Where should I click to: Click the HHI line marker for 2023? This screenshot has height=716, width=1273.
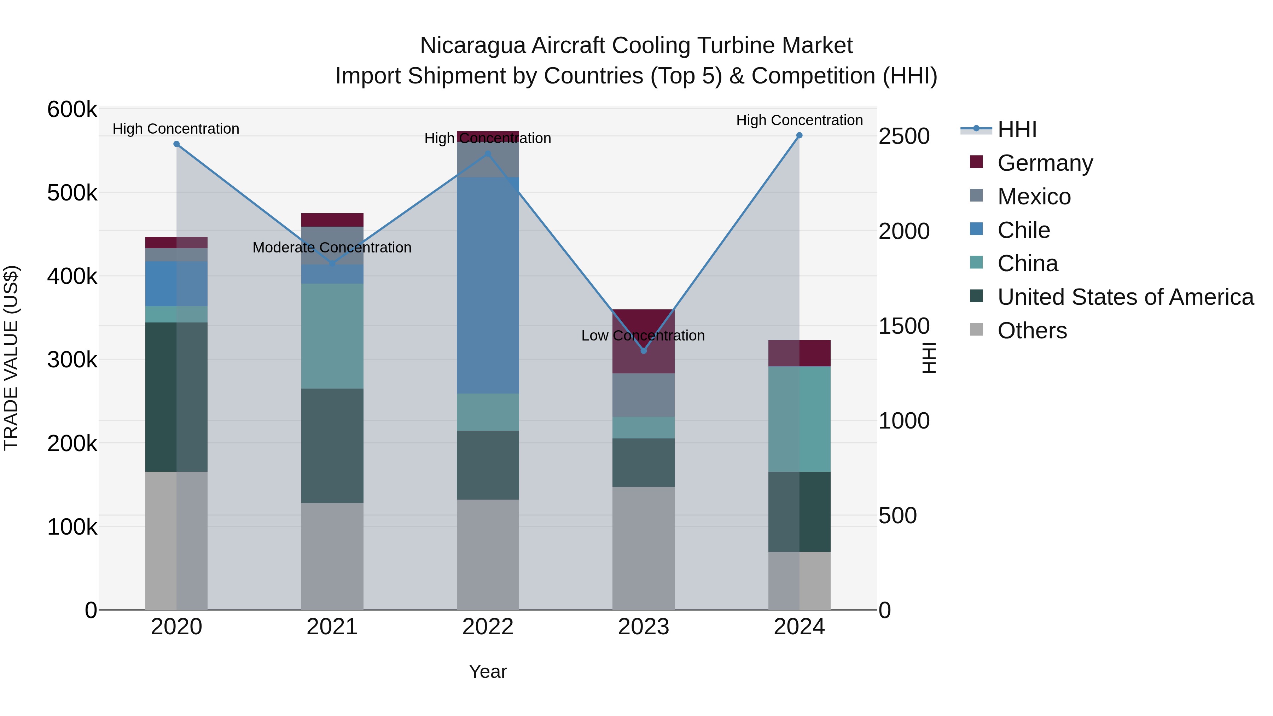(x=644, y=351)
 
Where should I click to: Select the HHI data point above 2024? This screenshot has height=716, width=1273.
(x=799, y=135)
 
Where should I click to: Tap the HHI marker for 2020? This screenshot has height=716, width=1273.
(x=176, y=144)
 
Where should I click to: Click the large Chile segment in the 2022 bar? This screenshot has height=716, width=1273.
(x=488, y=285)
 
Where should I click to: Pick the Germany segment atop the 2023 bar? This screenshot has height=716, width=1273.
(x=644, y=341)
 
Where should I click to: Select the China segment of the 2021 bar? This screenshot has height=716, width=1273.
(x=332, y=336)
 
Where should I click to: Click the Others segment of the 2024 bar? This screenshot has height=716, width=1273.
(x=799, y=581)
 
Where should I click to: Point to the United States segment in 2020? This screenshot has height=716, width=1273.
(x=176, y=397)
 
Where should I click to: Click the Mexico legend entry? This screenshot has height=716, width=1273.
(x=1034, y=197)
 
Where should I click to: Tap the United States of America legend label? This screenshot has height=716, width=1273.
(x=1125, y=297)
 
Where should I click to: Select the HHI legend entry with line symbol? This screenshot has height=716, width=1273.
(x=1017, y=129)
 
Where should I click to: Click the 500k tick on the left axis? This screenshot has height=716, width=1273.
(x=72, y=193)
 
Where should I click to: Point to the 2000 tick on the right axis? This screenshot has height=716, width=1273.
(x=904, y=231)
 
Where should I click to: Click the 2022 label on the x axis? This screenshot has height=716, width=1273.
(x=488, y=627)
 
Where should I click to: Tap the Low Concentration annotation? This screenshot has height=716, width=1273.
(x=643, y=336)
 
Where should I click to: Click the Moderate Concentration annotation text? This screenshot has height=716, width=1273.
(x=332, y=248)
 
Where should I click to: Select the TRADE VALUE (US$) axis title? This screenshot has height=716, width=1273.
(x=11, y=358)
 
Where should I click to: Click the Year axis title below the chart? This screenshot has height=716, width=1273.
(x=488, y=671)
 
